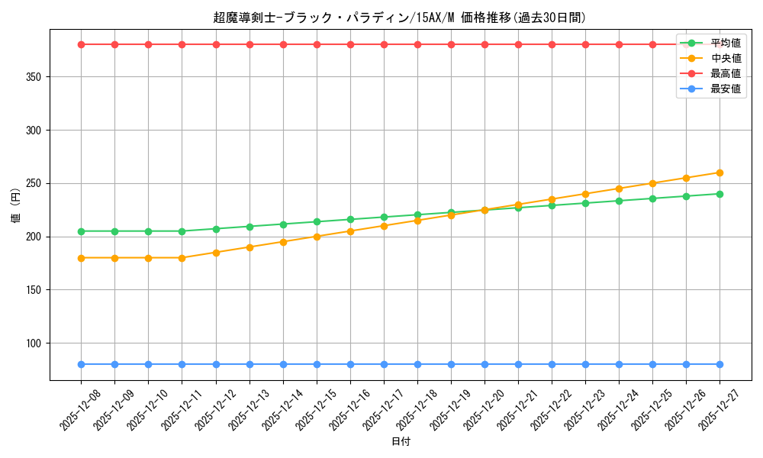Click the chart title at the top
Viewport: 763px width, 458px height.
coord(400,18)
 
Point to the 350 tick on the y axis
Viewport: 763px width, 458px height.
coord(36,77)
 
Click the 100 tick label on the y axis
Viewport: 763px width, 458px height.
coord(36,343)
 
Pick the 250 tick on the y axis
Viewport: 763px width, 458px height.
coord(36,184)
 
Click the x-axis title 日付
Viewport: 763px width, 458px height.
coord(401,442)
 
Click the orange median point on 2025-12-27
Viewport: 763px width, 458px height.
coord(720,173)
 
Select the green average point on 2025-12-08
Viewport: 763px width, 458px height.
coord(81,231)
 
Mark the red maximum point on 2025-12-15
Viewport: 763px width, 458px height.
coord(317,44)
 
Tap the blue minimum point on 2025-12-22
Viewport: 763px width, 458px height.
coord(552,364)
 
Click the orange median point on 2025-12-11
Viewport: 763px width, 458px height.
coord(182,258)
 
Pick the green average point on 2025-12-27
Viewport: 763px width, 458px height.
coord(720,194)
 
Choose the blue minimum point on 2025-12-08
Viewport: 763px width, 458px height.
coord(81,364)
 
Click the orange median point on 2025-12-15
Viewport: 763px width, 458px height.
coord(317,237)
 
